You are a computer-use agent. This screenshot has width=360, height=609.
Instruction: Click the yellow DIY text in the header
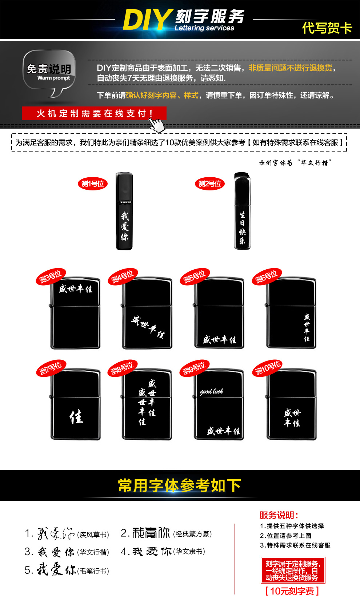click(x=147, y=20)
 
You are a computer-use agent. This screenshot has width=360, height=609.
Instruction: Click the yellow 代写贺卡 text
click(x=327, y=28)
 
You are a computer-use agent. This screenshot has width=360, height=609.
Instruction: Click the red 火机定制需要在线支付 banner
click(x=94, y=113)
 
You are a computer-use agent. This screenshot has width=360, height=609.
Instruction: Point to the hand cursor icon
click(x=157, y=125)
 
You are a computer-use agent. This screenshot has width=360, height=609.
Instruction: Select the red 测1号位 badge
click(x=93, y=184)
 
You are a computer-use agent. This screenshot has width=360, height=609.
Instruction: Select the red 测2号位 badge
click(x=210, y=184)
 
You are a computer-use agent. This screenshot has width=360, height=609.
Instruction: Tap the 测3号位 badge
click(x=51, y=277)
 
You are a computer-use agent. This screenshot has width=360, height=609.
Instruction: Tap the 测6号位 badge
click(x=267, y=277)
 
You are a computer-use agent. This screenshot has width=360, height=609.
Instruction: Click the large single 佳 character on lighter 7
click(x=76, y=417)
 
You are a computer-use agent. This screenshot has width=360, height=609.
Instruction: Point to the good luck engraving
click(x=212, y=391)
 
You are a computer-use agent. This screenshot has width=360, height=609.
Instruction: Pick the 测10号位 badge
click(x=268, y=368)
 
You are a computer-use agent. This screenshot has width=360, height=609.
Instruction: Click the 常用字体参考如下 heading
click(x=179, y=485)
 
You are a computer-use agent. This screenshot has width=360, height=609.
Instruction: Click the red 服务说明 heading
click(x=279, y=515)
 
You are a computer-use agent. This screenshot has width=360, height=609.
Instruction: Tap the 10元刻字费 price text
click(x=292, y=591)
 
